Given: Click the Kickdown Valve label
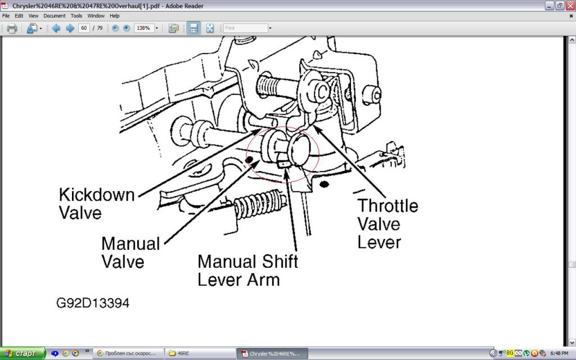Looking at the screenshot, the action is coord(97,204).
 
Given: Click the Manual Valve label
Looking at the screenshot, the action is coord(130,253).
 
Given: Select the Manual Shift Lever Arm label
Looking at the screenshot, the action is coord(247,271).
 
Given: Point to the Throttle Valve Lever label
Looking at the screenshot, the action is coord(388,224).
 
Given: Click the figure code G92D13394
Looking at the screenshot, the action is coord(93,303).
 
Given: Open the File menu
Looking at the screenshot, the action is coord(6,16).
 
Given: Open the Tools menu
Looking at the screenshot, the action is coord(76,16).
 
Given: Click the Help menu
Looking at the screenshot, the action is coord(115,16).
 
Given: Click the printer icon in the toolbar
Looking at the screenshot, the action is coord(12,28).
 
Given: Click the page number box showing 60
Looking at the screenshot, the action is coord(84,28).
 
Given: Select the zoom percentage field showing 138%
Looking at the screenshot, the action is coord(143,28).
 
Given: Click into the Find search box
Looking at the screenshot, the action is coord(245,28).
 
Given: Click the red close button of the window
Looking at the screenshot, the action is coord(570,6).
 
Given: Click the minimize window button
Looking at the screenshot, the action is coord(549,6).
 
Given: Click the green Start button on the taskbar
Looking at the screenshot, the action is coord(22,353).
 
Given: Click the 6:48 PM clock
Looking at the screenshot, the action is coord(559,353).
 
